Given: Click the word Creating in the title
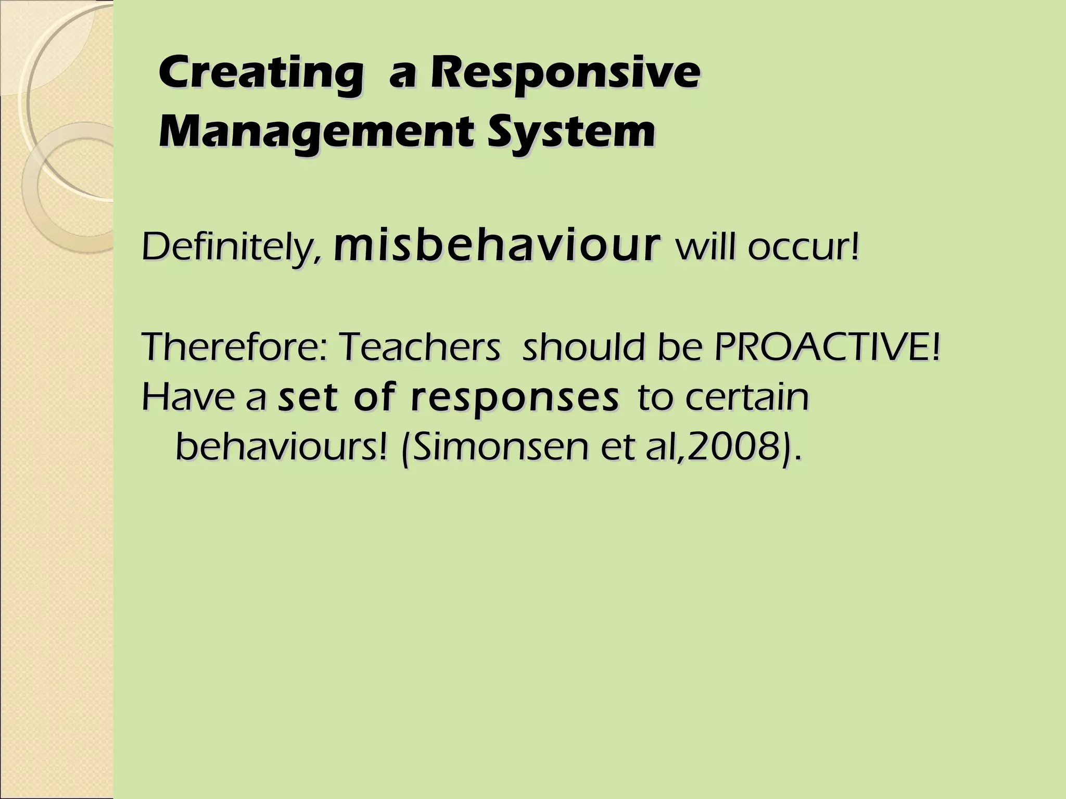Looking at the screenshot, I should coord(260,74).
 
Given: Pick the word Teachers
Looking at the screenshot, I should coord(420,347).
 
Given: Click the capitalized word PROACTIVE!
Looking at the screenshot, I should coord(827,347).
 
